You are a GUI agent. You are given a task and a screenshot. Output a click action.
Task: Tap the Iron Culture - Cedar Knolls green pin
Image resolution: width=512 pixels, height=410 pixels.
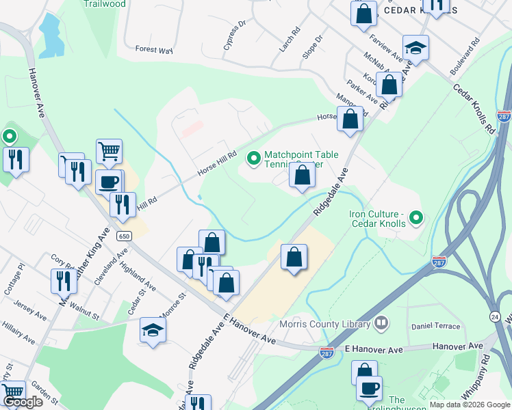pyautogui.click(x=415, y=219)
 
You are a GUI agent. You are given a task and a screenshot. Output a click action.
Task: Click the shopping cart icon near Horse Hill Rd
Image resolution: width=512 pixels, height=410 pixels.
pyautogui.click(x=110, y=151)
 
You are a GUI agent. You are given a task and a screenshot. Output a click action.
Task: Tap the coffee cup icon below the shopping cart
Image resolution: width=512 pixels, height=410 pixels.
pyautogui.click(x=109, y=182)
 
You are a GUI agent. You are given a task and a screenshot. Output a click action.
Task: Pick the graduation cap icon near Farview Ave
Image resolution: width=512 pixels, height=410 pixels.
pyautogui.click(x=415, y=48)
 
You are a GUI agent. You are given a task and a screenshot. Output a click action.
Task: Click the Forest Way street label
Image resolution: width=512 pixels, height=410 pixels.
pyautogui.click(x=153, y=49)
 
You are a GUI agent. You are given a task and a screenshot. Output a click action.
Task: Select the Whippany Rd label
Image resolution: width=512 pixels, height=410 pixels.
pyautogui.click(x=486, y=369)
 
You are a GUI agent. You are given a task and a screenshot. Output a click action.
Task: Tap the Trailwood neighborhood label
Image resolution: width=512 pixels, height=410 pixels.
pyautogui.click(x=104, y=3)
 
